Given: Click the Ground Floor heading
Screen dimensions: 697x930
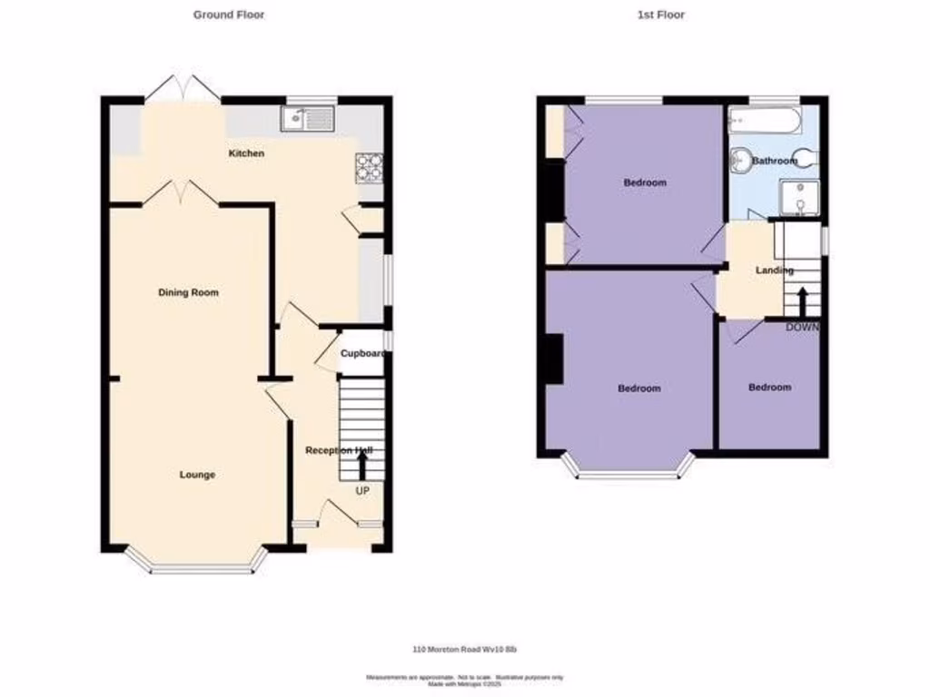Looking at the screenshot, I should [229, 15].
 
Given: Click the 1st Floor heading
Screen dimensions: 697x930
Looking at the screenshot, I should [668, 15].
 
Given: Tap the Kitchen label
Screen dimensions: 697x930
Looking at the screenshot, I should [246, 153].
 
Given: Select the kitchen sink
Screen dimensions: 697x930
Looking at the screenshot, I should [309, 117].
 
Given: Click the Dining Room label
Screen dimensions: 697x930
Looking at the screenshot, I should [189, 292].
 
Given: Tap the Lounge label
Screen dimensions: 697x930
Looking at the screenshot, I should [197, 475].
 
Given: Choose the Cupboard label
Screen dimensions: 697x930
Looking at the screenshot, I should [362, 354].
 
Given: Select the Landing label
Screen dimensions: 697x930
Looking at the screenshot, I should [774, 270].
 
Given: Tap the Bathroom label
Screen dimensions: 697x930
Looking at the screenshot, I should [774, 161].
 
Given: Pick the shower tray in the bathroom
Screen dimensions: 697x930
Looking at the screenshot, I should [799, 198].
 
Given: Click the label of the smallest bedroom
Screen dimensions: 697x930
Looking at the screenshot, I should [769, 388].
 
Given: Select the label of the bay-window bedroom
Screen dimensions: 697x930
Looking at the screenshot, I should [639, 388].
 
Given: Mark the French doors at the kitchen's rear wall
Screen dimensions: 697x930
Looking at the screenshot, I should [184, 87].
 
